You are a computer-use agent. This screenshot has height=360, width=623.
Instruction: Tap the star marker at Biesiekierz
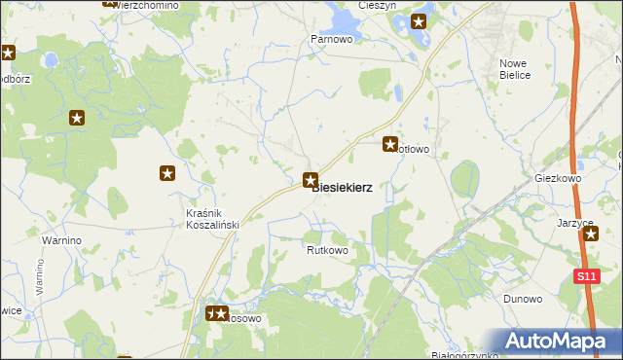coord(311,179)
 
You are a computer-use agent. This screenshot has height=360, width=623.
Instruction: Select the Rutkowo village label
coord(327,250)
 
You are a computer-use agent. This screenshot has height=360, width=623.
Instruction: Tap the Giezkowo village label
coord(558,180)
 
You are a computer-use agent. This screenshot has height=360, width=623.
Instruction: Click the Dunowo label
coord(523,299)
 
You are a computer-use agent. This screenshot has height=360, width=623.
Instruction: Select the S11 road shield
coord(584,277)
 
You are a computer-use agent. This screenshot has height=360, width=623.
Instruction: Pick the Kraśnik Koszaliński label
coord(212,219)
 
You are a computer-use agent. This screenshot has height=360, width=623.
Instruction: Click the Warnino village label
coord(60,239)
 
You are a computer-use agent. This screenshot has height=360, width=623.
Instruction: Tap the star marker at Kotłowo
coord(390,144)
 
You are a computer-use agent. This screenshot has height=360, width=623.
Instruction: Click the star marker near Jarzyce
coord(590,234)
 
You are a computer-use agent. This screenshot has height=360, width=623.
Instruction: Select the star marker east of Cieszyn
coord(420,20)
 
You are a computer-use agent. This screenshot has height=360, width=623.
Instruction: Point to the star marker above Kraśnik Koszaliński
coord(167,173)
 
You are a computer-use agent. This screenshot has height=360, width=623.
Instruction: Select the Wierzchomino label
coord(145,5)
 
